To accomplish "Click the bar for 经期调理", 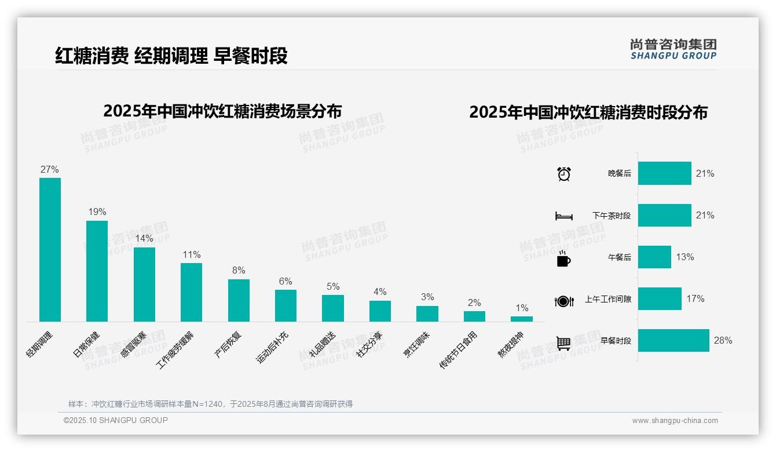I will (50, 249).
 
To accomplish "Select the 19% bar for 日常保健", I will (97, 271).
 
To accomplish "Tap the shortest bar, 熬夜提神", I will (521, 319).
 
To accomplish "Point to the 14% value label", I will (144, 239).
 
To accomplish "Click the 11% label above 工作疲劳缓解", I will (191, 255).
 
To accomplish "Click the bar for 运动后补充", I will (285, 305).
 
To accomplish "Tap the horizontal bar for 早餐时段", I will (673, 340).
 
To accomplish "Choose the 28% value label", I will (723, 340).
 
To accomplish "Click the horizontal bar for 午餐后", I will (654, 257).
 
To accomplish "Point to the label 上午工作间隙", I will (608, 299).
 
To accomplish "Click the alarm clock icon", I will (563, 174).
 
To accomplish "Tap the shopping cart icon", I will (563, 343).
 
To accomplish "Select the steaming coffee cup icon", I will (563, 259).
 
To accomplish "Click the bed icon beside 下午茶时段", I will (563, 216).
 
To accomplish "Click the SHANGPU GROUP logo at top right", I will (673, 49).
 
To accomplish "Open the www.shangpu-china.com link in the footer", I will (675, 421).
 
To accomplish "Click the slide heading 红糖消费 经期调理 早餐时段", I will (171, 56).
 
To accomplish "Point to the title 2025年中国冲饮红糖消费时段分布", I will (588, 112).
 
